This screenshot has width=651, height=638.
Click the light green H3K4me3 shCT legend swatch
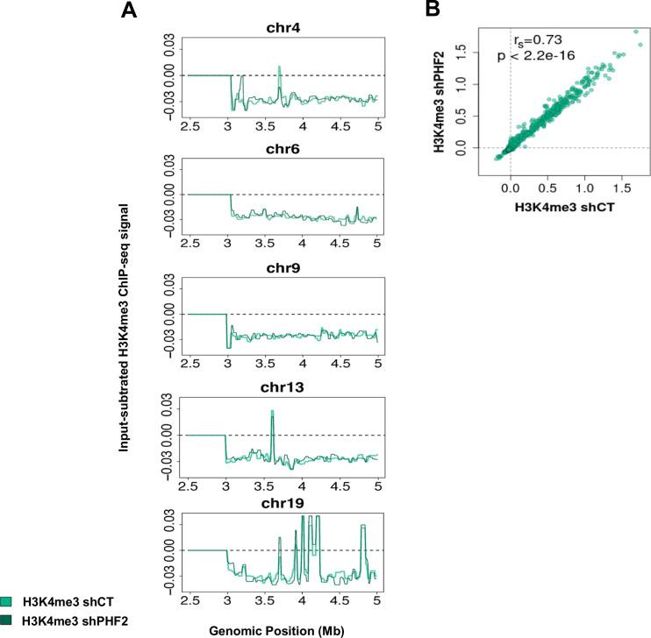[6, 601]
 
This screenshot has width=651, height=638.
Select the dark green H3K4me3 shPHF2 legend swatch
[6, 620]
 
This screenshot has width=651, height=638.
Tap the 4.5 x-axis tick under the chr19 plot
[340, 603]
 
